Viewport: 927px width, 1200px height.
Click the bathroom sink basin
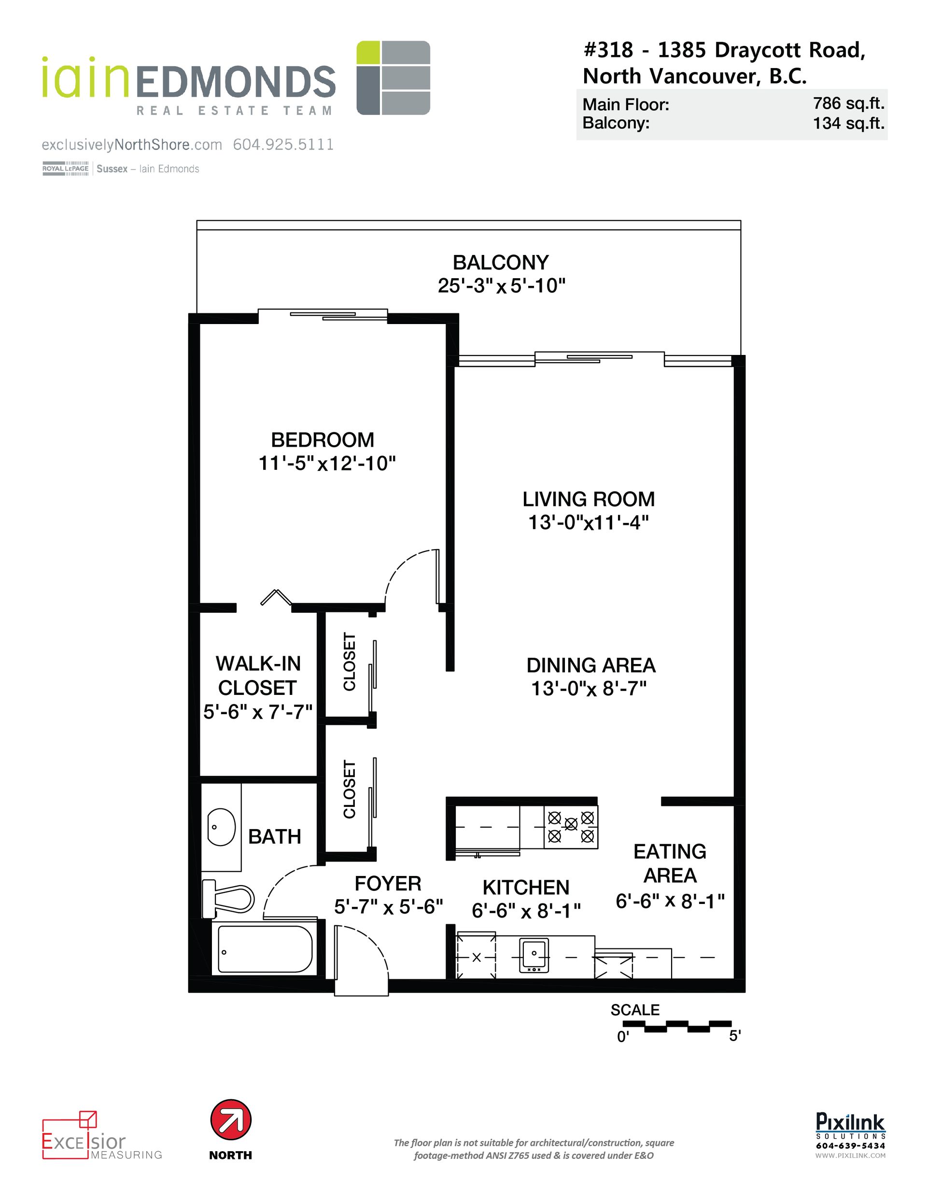[x=222, y=826]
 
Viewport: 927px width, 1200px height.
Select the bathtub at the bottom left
[x=265, y=949]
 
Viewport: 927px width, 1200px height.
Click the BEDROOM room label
[x=323, y=440]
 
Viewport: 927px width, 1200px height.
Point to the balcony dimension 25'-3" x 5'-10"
[x=501, y=286]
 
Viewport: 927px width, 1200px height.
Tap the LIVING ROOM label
[x=589, y=499]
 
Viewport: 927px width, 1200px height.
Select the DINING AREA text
[x=590, y=665]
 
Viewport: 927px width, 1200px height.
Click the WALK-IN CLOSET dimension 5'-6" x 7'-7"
[x=258, y=713]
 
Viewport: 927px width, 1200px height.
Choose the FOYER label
[x=388, y=884]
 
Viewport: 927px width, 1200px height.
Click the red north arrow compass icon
[x=231, y=1120]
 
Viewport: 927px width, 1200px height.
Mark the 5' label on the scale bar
[x=735, y=1036]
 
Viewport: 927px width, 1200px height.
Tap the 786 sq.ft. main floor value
[x=848, y=104]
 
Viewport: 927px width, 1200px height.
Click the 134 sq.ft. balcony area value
[x=848, y=123]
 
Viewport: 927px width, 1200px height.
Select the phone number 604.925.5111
[x=283, y=144]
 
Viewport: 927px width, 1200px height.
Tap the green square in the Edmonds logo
[x=367, y=53]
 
